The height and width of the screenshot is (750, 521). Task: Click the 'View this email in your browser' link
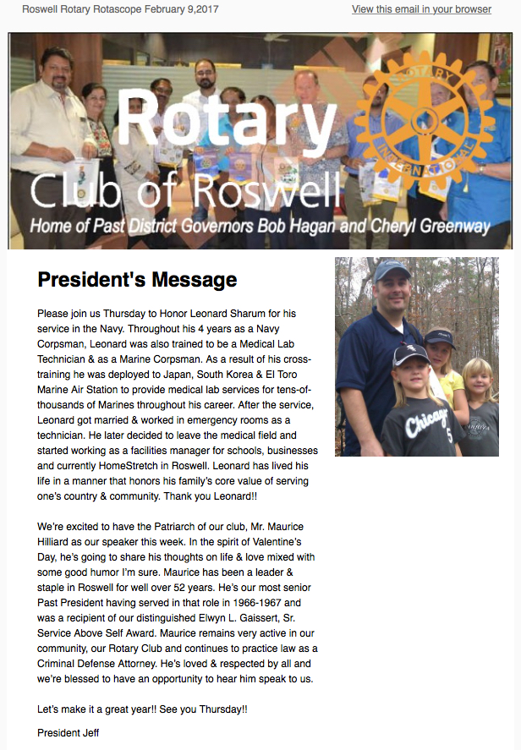point(421,9)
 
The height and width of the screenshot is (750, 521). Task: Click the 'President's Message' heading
point(137,279)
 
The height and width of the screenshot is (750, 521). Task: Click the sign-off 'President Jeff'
point(68,732)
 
